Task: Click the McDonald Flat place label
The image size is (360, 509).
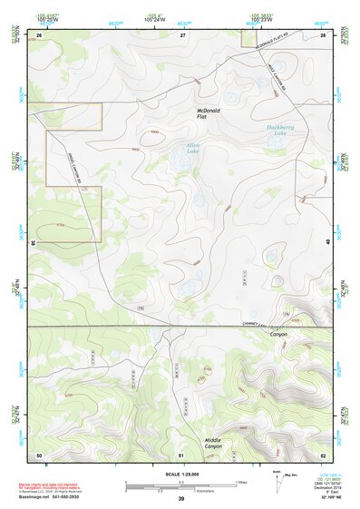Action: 209,114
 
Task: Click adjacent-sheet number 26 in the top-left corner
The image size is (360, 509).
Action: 39,34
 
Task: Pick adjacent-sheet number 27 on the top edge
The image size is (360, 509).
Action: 182,34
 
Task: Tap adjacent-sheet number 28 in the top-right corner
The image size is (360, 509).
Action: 323,34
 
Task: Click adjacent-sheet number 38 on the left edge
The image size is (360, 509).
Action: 34,243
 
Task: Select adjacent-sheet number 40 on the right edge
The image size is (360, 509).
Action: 328,243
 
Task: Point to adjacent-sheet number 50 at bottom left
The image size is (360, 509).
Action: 39,454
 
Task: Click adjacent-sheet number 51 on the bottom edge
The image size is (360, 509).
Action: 182,454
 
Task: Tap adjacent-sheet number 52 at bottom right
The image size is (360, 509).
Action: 323,454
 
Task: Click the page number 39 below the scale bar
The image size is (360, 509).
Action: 181,499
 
